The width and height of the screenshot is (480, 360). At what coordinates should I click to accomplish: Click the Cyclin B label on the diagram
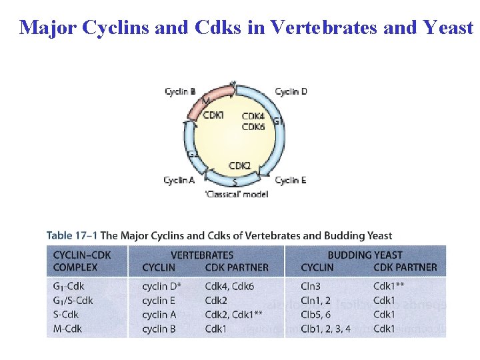180,92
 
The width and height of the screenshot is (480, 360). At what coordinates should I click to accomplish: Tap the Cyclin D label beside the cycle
291,92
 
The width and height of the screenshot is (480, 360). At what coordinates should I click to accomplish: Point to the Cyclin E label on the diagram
291,180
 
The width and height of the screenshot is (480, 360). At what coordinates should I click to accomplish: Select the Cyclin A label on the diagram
179,180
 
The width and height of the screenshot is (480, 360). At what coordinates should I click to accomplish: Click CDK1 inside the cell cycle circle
213,115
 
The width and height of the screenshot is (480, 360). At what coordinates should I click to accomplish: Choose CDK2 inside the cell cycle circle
239,165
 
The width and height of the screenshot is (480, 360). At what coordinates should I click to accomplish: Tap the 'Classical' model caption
237,194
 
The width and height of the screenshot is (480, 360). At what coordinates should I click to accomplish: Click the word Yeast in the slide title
449,27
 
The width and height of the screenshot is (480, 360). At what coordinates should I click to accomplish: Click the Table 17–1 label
71,235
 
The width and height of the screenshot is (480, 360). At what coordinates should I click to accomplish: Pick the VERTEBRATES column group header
202,255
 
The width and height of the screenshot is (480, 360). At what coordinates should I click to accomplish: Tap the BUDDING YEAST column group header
365,255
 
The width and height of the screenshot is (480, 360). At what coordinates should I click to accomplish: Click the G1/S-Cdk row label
73,301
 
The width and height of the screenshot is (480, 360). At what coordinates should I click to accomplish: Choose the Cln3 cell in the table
311,287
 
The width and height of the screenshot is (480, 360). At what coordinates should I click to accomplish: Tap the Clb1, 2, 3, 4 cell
325,329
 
